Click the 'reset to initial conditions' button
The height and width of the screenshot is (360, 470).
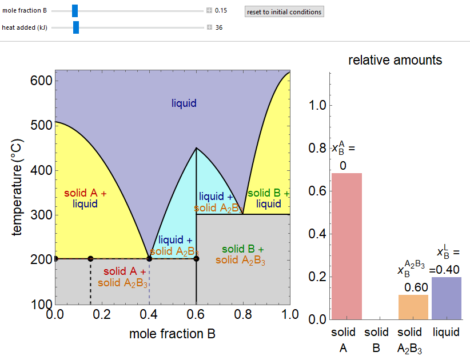click(x=284, y=11)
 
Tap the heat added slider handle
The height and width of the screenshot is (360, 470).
click(x=75, y=27)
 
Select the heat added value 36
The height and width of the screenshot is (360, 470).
click(x=218, y=27)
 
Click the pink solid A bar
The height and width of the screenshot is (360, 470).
click(x=347, y=246)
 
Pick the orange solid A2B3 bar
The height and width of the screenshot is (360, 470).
click(x=413, y=307)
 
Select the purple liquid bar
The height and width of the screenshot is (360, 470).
click(x=447, y=298)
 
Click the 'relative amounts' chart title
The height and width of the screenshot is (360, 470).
click(x=395, y=60)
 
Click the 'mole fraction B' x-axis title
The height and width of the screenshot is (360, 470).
click(x=173, y=334)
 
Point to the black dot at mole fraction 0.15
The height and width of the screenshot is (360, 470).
click(x=90, y=259)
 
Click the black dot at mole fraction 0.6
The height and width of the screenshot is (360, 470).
click(x=196, y=259)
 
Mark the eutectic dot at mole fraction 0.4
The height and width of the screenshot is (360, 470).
click(x=149, y=259)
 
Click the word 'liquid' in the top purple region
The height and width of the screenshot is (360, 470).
click(x=184, y=103)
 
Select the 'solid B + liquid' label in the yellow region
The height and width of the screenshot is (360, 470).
click(x=269, y=198)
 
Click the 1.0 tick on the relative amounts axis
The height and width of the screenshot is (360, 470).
click(x=318, y=105)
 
